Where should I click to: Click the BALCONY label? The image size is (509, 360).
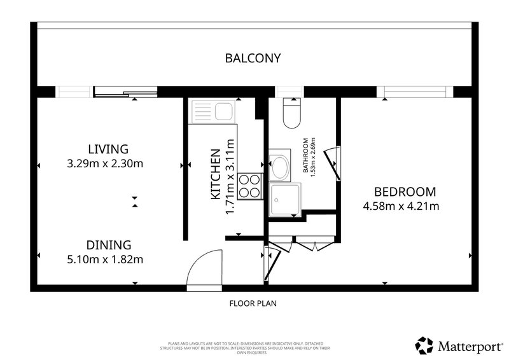[253, 58]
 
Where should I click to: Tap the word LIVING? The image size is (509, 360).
[108, 149]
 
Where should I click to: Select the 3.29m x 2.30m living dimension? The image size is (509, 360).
[105, 163]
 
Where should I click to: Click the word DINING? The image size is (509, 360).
[109, 245]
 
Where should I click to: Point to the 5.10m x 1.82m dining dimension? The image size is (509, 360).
[105, 260]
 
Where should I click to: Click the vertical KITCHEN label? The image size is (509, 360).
[216, 174]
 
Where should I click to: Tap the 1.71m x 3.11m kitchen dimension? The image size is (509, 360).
[230, 177]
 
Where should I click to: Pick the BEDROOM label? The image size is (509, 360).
[405, 192]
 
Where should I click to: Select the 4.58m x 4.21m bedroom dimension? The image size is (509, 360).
[401, 206]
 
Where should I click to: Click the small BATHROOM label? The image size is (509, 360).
[305, 155]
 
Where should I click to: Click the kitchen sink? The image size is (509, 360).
[213, 112]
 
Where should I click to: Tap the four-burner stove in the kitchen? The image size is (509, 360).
[249, 186]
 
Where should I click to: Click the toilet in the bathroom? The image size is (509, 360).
[292, 113]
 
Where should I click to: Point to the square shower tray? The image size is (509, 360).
[285, 199]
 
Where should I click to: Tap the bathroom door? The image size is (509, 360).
[332, 163]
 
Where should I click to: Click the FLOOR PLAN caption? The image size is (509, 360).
[253, 303]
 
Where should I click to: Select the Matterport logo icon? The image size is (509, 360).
[424, 345]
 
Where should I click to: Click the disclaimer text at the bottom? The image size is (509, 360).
[246, 348]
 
